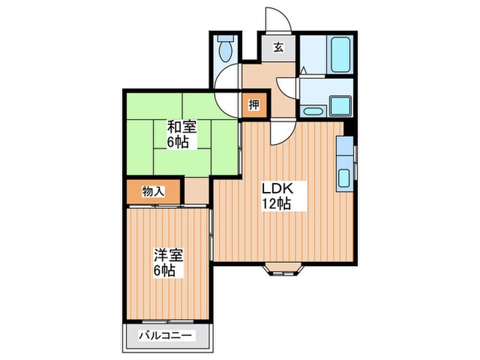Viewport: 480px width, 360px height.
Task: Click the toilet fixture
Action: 225,49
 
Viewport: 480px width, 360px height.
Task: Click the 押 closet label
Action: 253,106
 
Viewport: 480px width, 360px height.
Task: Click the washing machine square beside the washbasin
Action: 339,106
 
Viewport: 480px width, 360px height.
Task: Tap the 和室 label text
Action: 181,127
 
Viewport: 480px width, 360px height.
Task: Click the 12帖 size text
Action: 276,204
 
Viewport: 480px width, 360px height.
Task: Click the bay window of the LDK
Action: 282,268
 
